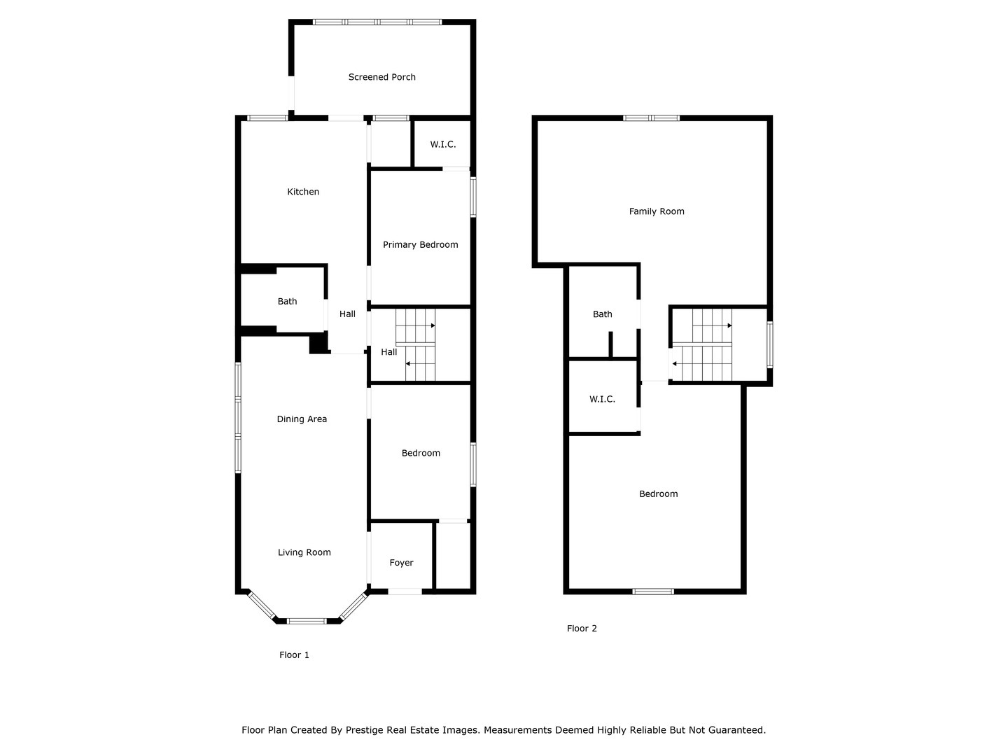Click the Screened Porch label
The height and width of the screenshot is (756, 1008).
tap(381, 77)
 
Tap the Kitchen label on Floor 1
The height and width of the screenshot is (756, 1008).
tap(303, 192)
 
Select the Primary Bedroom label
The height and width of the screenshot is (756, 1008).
tap(420, 244)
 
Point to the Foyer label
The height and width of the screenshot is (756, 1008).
tap(401, 563)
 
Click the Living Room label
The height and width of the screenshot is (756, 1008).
tap(304, 552)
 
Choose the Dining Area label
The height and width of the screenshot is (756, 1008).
tap(302, 419)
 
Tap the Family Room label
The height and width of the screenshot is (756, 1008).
tap(657, 211)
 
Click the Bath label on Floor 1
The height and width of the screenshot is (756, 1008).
tap(287, 302)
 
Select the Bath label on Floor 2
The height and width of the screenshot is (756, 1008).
tap(602, 314)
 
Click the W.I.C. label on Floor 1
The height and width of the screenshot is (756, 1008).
tap(442, 144)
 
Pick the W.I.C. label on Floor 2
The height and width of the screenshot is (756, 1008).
tap(602, 399)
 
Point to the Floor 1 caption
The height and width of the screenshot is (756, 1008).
tap(294, 655)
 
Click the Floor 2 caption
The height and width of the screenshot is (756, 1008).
tap(582, 629)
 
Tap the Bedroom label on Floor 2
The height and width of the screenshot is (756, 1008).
tap(658, 494)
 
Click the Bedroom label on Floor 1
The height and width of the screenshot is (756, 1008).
tap(421, 453)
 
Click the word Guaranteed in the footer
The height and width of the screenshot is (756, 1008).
tap(737, 730)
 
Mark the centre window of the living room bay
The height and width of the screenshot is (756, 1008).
tap(307, 621)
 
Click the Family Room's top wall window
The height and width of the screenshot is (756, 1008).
tap(651, 118)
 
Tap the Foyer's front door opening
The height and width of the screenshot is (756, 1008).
tap(405, 592)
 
